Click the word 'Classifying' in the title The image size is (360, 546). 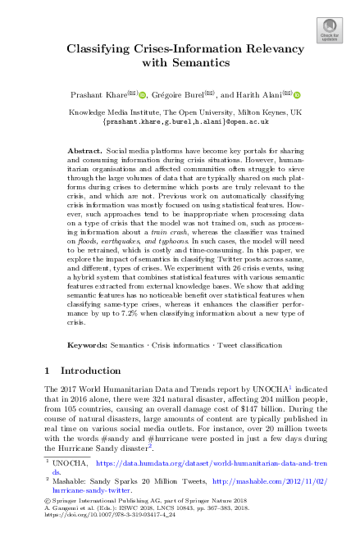pos(99,49)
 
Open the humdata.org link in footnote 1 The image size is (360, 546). pos(205,464)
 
